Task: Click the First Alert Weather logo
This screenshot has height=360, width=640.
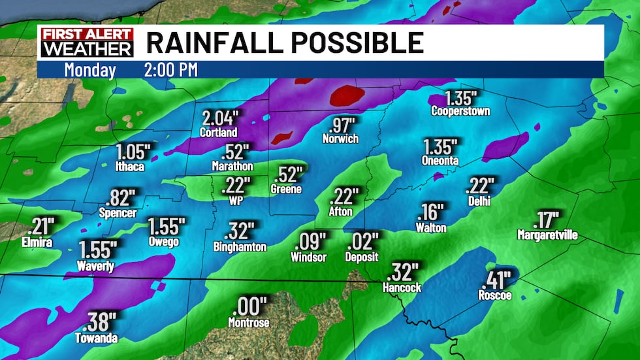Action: point(87,42)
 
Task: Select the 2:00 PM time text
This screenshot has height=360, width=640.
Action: point(170,70)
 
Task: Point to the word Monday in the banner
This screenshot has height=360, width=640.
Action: point(90,70)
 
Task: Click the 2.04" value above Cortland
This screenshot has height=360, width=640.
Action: point(221,119)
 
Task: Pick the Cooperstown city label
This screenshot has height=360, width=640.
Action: point(460,112)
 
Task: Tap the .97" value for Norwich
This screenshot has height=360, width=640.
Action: point(342,125)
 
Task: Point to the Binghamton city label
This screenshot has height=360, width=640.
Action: point(240,247)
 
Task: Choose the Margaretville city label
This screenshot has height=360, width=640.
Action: point(547,235)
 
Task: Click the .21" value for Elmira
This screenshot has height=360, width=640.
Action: point(42,227)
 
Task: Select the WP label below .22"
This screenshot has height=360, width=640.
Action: point(236,201)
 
